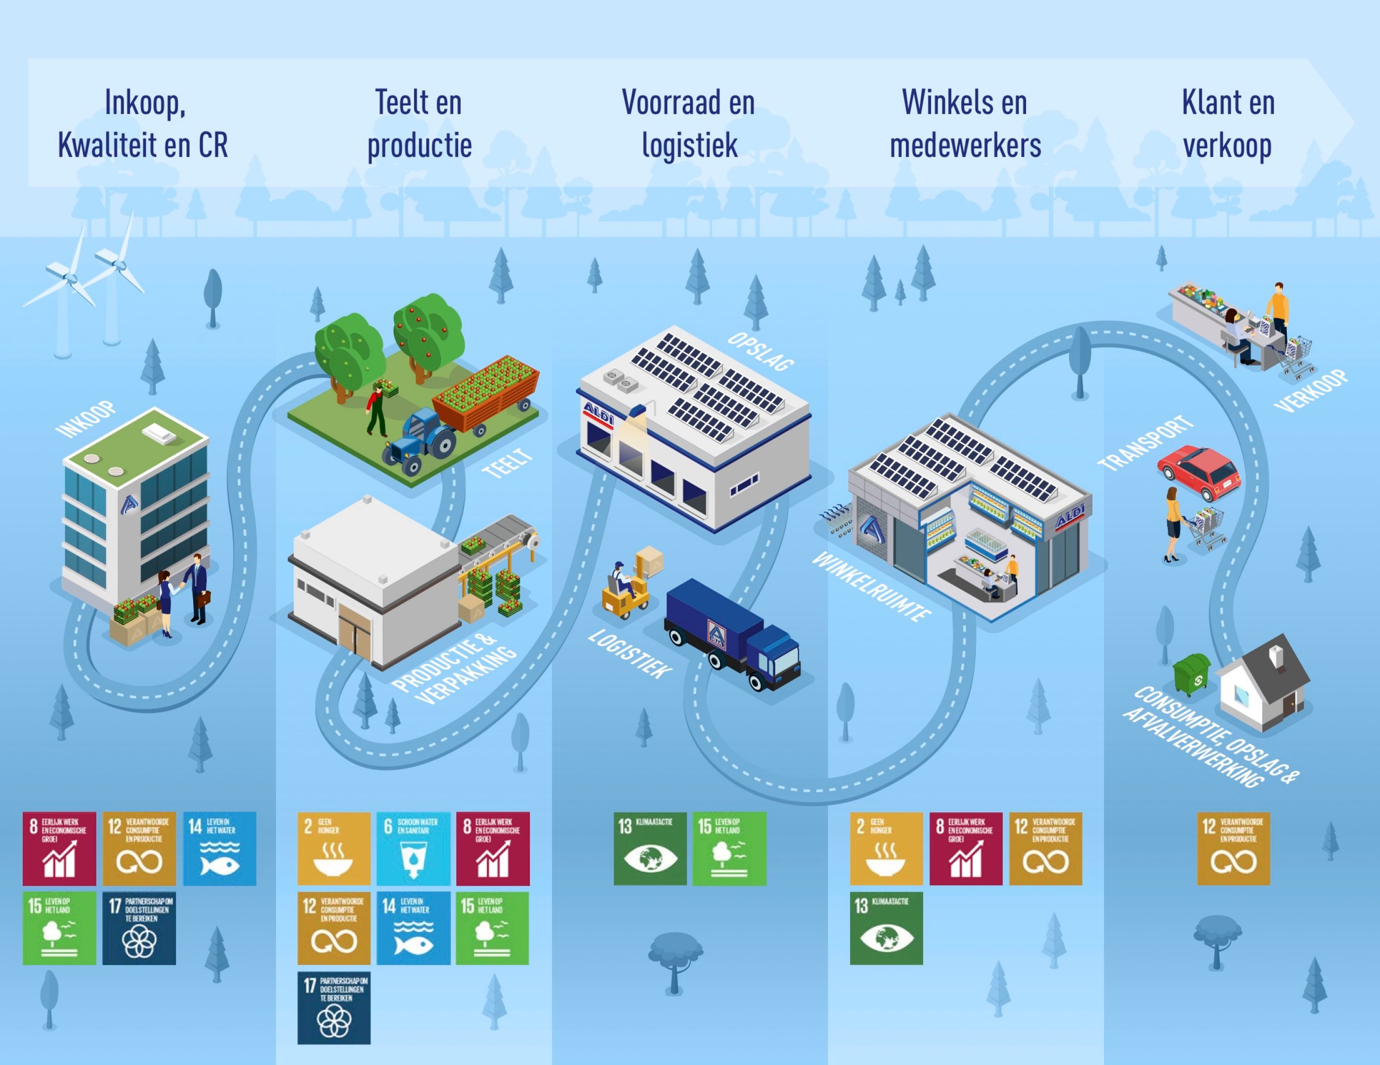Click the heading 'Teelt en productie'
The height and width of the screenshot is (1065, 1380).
[419, 124]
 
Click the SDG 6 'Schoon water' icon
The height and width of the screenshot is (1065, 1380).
[413, 848]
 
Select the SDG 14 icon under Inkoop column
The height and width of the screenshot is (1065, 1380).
[220, 848]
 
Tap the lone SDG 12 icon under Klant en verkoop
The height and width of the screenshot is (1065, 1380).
[1234, 848]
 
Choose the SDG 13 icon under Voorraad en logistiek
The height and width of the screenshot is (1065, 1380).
[650, 848]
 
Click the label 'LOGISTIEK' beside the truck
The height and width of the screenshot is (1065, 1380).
[629, 654]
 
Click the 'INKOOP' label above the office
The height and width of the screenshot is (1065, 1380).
[86, 419]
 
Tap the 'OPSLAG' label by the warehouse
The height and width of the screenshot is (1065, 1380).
[761, 351]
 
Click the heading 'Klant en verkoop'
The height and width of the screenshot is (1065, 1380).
[1228, 124]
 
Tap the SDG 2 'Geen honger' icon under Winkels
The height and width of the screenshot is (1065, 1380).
[886, 848]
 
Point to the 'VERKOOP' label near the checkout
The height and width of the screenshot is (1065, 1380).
[1311, 392]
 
